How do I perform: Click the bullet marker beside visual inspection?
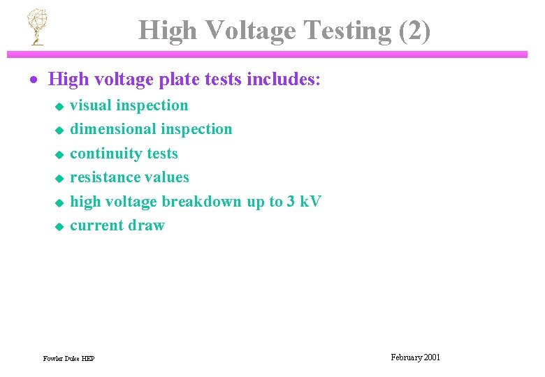(59, 106)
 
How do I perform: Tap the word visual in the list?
(92, 105)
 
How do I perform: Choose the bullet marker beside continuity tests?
(59, 154)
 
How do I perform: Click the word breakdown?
(202, 202)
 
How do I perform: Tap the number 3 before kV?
(291, 202)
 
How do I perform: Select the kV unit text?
(310, 202)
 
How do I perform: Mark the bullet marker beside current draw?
(59, 226)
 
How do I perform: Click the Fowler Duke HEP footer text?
(68, 359)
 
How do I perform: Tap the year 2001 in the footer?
(431, 357)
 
